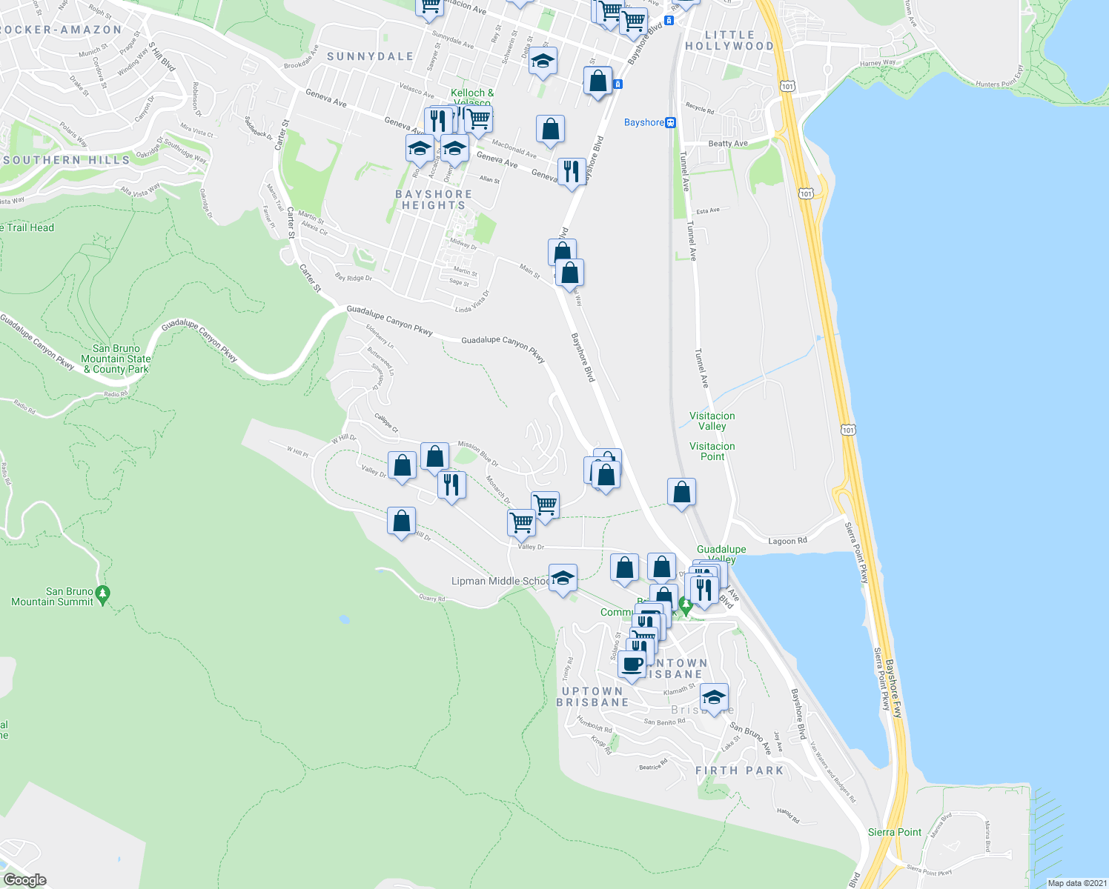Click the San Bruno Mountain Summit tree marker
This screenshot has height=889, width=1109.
click(x=103, y=593)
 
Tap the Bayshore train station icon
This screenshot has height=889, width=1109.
click(x=670, y=123)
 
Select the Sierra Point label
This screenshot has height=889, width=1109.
click(x=895, y=832)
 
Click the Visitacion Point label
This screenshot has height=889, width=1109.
click(x=712, y=451)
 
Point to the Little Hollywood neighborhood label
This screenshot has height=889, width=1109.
click(x=729, y=41)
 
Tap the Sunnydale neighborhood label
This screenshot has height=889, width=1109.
click(x=370, y=56)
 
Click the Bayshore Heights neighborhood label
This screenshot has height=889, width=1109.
click(x=434, y=199)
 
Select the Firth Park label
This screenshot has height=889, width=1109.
click(x=739, y=770)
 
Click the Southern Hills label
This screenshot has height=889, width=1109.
click(x=66, y=160)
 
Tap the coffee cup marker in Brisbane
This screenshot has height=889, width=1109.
click(x=632, y=665)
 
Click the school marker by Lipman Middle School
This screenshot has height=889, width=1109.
click(x=563, y=578)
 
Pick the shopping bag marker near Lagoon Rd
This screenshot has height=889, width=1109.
click(x=681, y=492)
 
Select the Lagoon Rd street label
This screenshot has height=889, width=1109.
click(x=787, y=541)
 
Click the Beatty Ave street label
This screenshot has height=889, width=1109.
click(x=728, y=144)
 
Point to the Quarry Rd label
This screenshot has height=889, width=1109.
click(x=432, y=598)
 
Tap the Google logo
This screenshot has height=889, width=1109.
click(x=24, y=879)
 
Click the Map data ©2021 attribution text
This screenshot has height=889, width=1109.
click(x=1076, y=883)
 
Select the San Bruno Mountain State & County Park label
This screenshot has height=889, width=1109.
click(x=116, y=359)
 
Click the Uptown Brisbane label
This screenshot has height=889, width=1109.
click(x=592, y=696)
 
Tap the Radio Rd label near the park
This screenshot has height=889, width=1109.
click(x=116, y=394)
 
